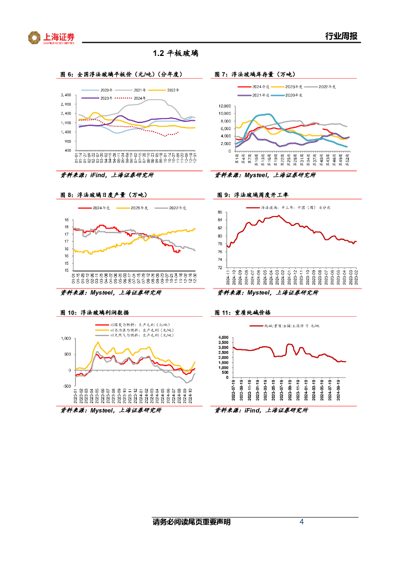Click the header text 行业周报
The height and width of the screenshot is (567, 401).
tap(341, 37)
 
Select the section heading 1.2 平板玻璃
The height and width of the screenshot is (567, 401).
tap(176, 54)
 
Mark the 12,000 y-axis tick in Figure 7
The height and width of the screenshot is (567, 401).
tap(224, 106)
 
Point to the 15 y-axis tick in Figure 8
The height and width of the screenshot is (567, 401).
tap(66, 270)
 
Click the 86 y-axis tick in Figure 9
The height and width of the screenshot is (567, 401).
tap(220, 213)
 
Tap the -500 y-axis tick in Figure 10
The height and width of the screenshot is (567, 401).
tap(65, 385)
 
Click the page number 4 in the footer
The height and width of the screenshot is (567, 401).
tap(301, 522)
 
